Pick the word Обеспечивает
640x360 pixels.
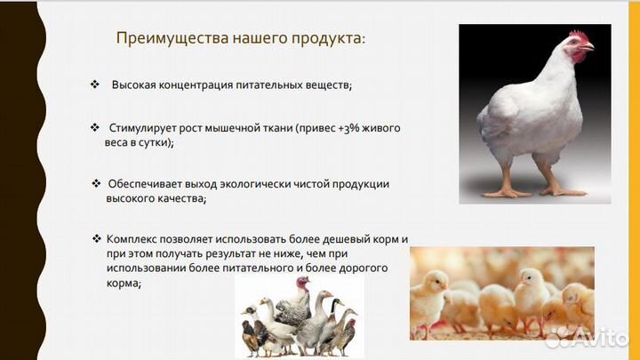(x=142, y=183)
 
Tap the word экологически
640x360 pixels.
(x=248, y=183)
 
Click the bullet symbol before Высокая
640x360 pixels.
(x=94, y=84)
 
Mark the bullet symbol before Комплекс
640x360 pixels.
(x=97, y=239)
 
